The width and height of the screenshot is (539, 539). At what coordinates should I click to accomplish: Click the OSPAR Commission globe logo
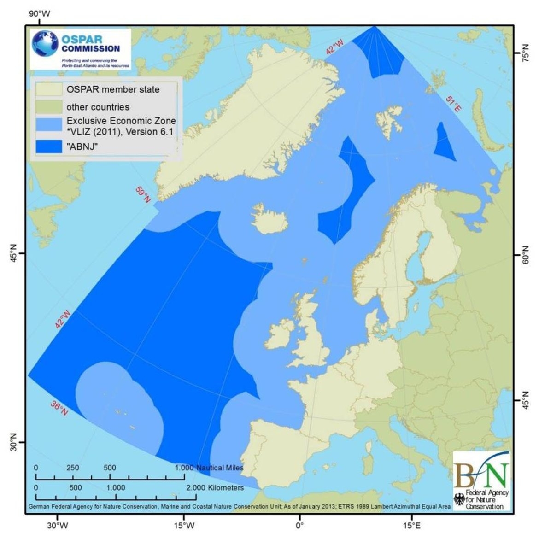pyautogui.click(x=45, y=44)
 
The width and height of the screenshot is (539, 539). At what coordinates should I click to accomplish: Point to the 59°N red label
pyautogui.click(x=143, y=195)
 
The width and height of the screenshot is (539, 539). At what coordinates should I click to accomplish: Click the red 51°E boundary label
pyautogui.click(x=454, y=104)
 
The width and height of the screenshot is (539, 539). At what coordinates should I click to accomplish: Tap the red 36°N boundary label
pyautogui.click(x=59, y=408)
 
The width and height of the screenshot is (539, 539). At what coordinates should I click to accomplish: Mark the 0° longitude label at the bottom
pyautogui.click(x=299, y=525)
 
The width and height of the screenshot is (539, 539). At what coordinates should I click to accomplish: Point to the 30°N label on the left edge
pyautogui.click(x=13, y=442)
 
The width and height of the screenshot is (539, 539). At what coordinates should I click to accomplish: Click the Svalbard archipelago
pyautogui.click(x=388, y=117)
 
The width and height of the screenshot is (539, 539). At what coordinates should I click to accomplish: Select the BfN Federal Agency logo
pyautogui.click(x=482, y=480)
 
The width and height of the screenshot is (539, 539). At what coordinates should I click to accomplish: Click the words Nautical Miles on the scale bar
pyautogui.click(x=219, y=468)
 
